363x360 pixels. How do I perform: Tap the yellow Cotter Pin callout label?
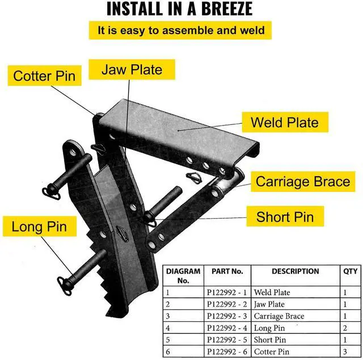coord(44,76)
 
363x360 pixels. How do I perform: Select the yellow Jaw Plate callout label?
coord(132,70)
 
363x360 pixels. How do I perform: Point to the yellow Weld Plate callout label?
coord(284,122)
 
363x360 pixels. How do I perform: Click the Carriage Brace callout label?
coord(303,182)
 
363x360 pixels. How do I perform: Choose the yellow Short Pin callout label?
coord(285,216)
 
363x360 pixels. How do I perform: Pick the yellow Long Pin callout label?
coord(39,227)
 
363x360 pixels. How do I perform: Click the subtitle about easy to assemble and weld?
coord(180,30)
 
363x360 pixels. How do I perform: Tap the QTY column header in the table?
coord(351,271)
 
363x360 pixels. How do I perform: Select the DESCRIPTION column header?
coord(295,271)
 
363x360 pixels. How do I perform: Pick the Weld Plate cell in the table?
coord(272,292)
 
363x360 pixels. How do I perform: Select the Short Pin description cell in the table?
coord(270,340)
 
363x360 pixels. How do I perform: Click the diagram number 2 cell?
coord(168,304)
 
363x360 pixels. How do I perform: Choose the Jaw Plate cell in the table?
coord(269,304)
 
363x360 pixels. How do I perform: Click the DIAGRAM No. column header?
coord(183,275)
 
